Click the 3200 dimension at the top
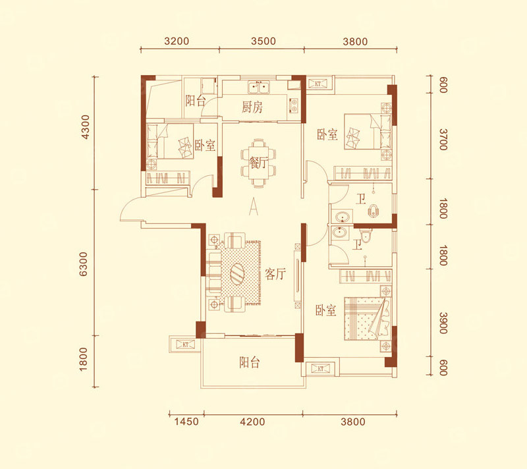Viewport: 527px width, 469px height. [177, 41]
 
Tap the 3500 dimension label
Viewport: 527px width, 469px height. [263, 41]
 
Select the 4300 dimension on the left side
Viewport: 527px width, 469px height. [86, 126]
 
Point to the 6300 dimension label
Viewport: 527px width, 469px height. [83, 264]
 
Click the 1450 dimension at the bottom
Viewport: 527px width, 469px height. [186, 422]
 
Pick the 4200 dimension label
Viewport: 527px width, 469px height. [252, 422]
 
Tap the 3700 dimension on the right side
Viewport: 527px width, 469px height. [443, 140]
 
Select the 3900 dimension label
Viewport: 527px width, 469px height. [443, 323]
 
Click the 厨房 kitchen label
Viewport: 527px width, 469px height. [252, 107]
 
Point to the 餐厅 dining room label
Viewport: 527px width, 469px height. [258, 163]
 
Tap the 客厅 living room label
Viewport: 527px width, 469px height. [275, 274]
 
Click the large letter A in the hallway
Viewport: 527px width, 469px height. [254, 206]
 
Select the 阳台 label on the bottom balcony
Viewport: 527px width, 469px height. [250, 362]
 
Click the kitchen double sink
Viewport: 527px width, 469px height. [259, 87]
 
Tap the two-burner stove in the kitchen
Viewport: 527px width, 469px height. [294, 105]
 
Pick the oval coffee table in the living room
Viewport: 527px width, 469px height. [237, 273]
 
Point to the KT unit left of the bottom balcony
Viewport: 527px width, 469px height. [186, 345]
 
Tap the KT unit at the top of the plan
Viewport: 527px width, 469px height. [318, 84]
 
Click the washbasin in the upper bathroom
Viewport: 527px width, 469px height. [342, 216]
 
